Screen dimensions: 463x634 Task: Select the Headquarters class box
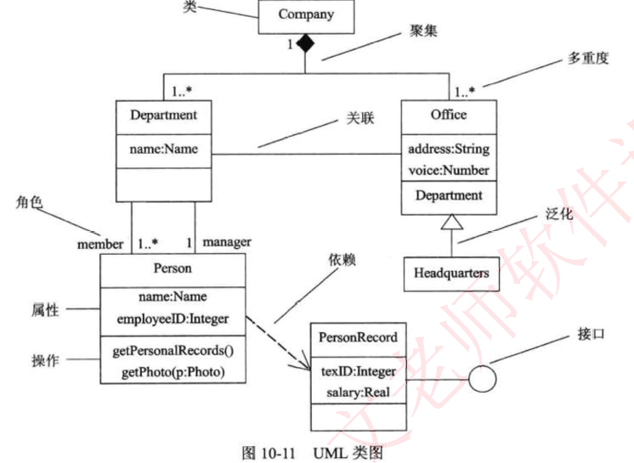tap(450, 274)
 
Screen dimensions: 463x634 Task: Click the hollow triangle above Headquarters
tap(450, 222)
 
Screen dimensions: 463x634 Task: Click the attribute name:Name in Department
tap(164, 150)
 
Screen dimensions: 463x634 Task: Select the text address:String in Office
tap(449, 150)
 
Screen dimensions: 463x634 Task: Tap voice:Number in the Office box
tap(449, 170)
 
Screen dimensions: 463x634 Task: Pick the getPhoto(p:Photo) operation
tap(173, 371)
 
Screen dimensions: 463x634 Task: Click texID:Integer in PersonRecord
tap(358, 371)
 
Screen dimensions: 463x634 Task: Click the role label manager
tap(227, 242)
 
